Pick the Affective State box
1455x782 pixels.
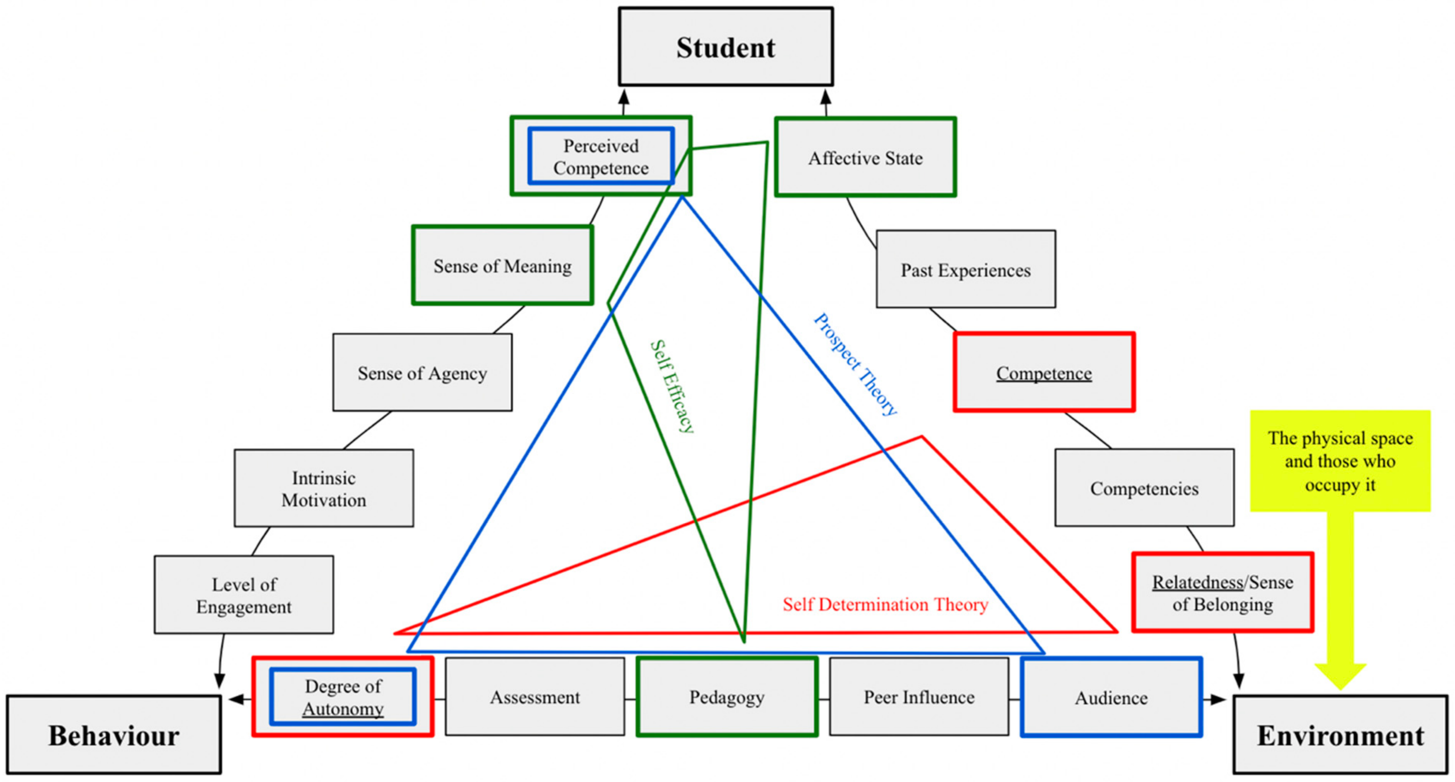tap(865, 158)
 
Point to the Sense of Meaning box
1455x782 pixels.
tap(502, 266)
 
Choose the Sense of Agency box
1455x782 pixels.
tap(422, 373)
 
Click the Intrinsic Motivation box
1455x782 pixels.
tap(324, 489)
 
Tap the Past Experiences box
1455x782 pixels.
tap(965, 270)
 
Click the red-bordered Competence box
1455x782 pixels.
tap(1044, 373)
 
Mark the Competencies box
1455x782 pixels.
tap(1144, 488)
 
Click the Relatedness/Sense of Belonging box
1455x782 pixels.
tap(1222, 593)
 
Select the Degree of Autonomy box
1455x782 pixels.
tap(343, 697)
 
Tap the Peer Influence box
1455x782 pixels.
tap(919, 697)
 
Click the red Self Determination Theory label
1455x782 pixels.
tap(885, 605)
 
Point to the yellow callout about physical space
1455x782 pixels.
tap(1340, 461)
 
